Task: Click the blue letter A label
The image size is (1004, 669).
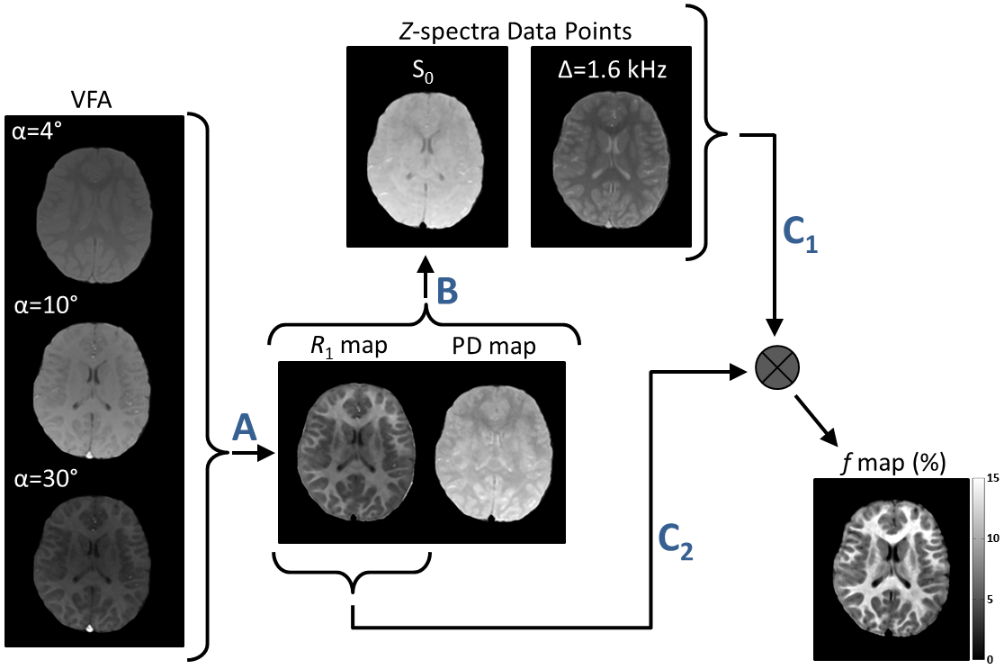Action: (x=241, y=428)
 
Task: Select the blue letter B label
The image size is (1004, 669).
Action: (x=447, y=291)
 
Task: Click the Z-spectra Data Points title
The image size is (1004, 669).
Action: (x=515, y=32)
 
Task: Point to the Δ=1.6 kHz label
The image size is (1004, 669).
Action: (x=611, y=71)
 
